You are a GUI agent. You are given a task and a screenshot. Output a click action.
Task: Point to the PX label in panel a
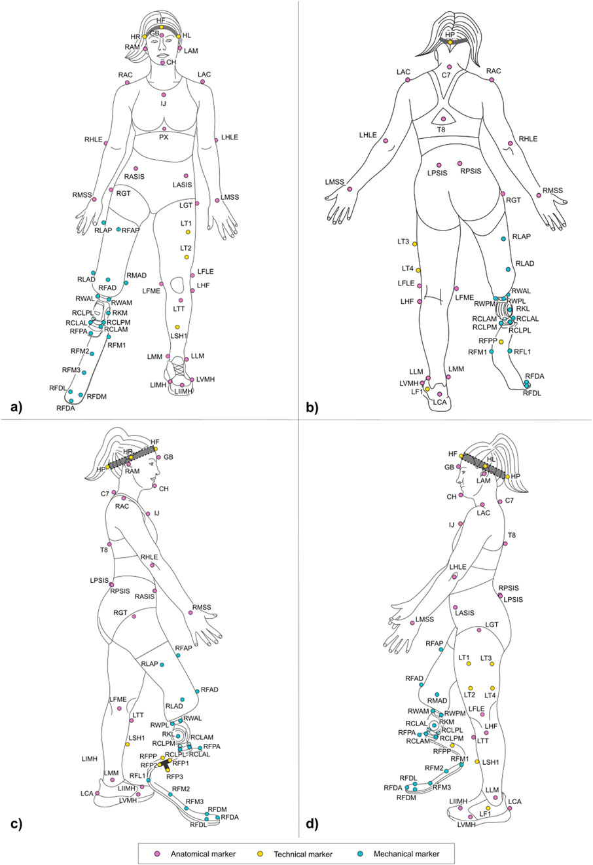tap(164, 138)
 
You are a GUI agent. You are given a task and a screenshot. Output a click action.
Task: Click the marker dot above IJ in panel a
tap(164, 95)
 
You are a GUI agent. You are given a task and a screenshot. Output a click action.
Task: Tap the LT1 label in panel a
tap(187, 223)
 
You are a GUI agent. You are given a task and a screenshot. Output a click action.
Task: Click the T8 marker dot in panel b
tap(444, 119)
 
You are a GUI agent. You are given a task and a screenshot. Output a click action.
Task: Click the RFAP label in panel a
tap(131, 230)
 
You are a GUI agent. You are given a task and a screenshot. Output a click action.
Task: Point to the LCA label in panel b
tap(440, 402)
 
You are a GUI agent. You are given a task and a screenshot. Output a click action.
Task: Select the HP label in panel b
tap(450, 34)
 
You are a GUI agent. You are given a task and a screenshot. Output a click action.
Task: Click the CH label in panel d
tap(451, 497)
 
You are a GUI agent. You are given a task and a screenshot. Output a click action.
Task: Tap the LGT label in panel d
tap(491, 625)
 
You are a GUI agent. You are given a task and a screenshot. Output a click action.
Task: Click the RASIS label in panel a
tap(134, 177)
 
